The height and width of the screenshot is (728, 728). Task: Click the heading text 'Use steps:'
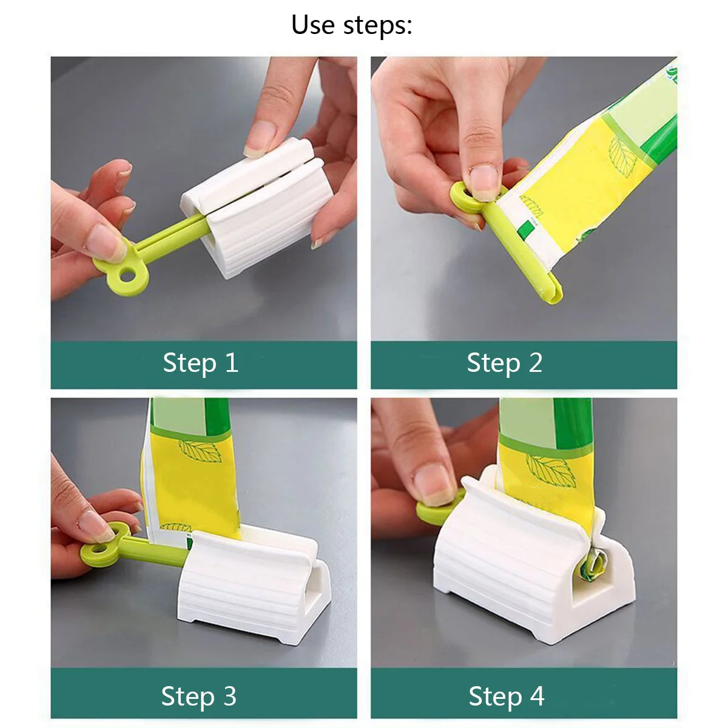(352, 25)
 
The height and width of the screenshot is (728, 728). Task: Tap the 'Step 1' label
(200, 363)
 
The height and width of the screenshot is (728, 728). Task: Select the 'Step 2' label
(504, 363)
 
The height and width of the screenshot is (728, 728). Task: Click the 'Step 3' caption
(199, 696)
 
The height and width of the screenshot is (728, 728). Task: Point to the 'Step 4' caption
(507, 696)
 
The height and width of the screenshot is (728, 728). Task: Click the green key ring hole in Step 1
(127, 277)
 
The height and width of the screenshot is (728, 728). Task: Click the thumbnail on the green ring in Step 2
(484, 182)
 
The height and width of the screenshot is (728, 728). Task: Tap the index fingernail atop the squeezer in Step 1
(261, 138)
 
